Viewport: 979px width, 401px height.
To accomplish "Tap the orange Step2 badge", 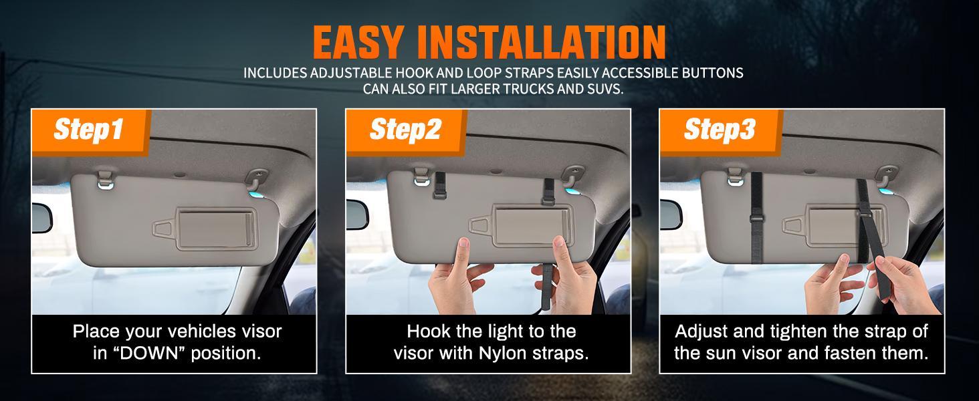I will point(405,130).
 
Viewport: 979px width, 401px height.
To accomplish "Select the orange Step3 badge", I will point(719,130).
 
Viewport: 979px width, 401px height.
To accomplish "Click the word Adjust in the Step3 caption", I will point(701,331).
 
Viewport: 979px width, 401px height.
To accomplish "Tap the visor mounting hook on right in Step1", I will point(257,179).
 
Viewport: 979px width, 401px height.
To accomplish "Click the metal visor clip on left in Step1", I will point(105,179).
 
